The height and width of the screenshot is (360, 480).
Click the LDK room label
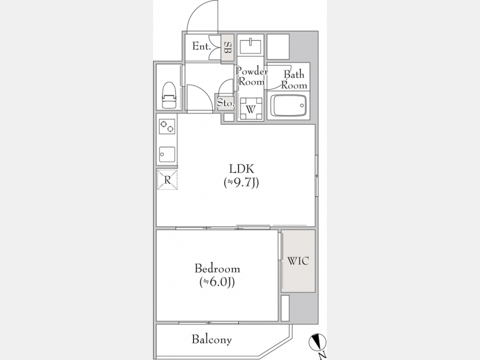[x=242, y=169]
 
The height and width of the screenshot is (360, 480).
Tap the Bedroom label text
[x=218, y=269]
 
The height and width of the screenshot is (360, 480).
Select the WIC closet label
[x=298, y=261]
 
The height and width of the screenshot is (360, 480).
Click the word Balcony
[x=212, y=339]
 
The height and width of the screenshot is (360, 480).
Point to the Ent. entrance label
[x=202, y=46]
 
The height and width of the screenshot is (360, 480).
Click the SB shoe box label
[x=227, y=47]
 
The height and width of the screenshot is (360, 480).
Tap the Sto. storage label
[x=226, y=103]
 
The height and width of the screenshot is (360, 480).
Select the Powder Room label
[x=251, y=76]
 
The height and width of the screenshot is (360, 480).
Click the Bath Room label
[x=294, y=79]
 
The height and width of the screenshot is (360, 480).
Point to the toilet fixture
[x=170, y=95]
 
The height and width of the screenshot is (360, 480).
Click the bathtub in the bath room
[x=288, y=106]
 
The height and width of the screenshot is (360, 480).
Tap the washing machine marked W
[x=251, y=109]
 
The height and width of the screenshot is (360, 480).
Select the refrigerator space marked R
[x=167, y=180]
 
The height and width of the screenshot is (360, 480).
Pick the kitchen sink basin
[x=167, y=155]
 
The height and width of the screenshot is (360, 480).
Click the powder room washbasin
[x=251, y=45]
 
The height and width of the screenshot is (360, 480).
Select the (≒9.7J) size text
[x=242, y=182]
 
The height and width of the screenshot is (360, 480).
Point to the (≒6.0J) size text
[x=218, y=282]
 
